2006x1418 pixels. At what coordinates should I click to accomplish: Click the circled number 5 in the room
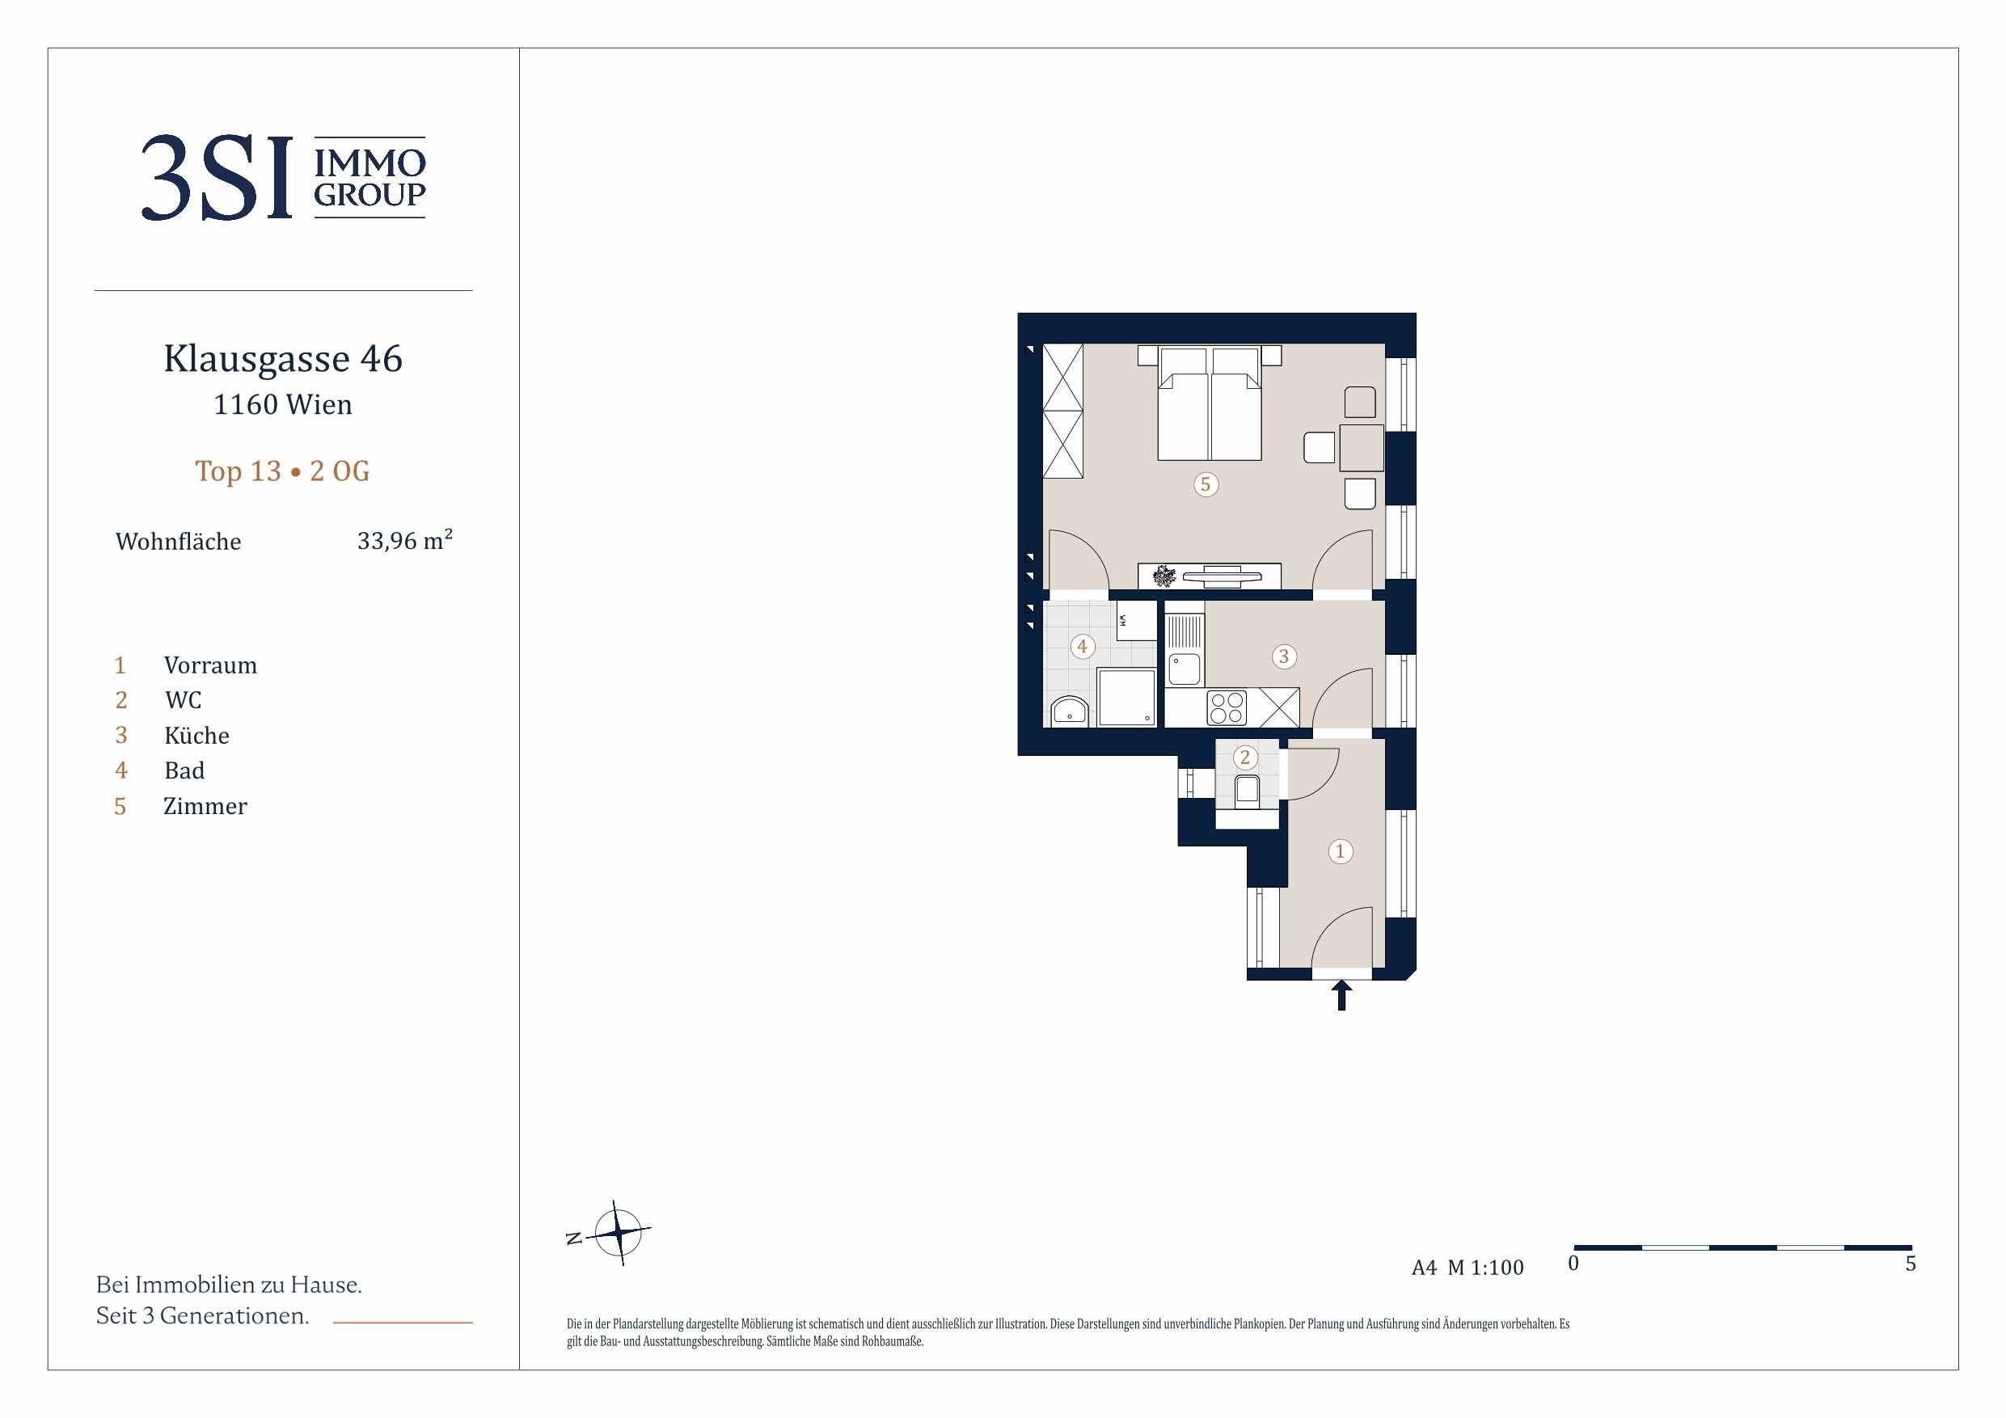click(1206, 484)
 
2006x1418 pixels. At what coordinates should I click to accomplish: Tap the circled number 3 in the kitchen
click(1283, 656)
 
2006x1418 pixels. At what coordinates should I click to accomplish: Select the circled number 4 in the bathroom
click(1083, 647)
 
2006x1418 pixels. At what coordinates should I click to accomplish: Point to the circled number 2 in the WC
click(1245, 758)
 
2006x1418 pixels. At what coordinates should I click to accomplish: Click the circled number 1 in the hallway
click(1341, 851)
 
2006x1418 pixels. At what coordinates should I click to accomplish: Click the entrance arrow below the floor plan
click(1341, 995)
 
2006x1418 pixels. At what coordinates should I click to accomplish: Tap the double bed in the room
click(1210, 403)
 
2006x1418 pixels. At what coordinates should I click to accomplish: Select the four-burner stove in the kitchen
click(1227, 707)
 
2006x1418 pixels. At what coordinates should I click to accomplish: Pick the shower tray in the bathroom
click(1127, 697)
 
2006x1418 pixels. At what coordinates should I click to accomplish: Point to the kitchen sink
click(1185, 669)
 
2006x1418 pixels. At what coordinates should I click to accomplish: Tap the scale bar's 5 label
click(1911, 1264)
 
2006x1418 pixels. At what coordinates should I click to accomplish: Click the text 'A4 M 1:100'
click(1468, 1268)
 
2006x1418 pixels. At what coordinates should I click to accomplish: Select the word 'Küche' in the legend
click(196, 736)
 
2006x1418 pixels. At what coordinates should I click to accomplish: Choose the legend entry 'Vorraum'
click(210, 666)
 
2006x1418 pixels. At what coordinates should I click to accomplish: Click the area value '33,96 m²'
click(404, 540)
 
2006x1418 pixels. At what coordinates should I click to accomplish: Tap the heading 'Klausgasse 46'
click(283, 359)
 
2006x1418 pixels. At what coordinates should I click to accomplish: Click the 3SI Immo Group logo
click(283, 177)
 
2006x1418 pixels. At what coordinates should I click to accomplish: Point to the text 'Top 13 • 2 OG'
click(282, 471)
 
